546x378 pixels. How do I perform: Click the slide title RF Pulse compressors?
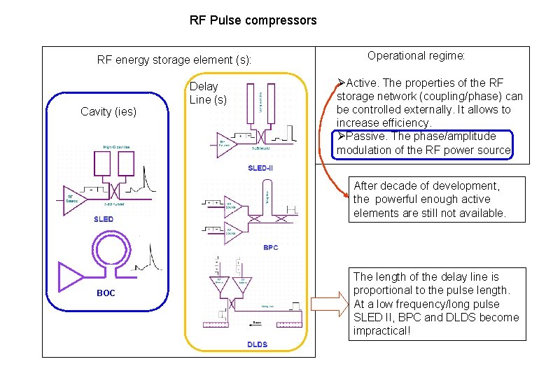click(x=253, y=20)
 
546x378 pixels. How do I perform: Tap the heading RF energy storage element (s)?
click(x=174, y=59)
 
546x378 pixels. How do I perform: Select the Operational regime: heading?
click(x=416, y=55)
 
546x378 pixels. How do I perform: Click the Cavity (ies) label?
click(x=108, y=111)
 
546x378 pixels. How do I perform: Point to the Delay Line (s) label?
click(x=208, y=93)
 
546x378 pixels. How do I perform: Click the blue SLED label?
click(x=104, y=219)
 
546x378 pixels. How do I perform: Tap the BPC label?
click(x=270, y=247)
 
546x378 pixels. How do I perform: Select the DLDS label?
click(x=257, y=344)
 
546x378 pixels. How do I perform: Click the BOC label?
click(x=106, y=293)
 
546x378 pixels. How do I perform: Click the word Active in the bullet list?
click(x=362, y=83)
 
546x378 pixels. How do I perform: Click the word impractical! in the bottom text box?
click(x=381, y=330)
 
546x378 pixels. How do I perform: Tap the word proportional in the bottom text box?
click(x=383, y=290)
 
